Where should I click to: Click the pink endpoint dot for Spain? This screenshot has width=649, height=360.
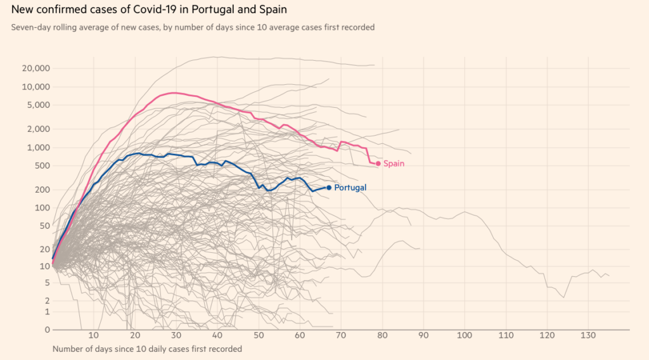378,164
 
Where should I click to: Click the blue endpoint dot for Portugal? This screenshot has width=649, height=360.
329,188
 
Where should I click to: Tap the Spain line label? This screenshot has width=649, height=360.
394,164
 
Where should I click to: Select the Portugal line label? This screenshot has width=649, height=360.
350,188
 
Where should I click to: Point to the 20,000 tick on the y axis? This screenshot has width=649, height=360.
36,68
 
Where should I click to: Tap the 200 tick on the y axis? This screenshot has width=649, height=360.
42,190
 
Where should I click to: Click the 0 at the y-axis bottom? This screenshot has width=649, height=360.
48,330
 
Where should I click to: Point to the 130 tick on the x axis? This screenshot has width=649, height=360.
589,335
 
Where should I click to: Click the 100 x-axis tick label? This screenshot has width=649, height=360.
465,335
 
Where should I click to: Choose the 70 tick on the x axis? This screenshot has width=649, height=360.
341,335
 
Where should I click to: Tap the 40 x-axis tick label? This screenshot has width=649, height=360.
217,335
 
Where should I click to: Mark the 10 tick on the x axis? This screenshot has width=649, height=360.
93,335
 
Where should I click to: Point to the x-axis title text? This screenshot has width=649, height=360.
147,349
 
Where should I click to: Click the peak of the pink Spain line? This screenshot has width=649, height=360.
173,93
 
